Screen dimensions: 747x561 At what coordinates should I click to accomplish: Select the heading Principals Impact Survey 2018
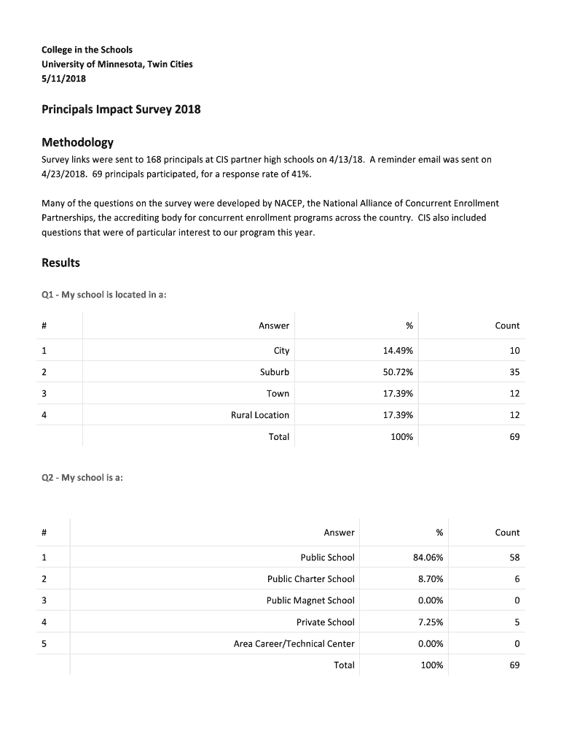120,110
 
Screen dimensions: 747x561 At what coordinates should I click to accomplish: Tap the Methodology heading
76,142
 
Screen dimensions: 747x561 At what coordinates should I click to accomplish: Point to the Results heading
60,263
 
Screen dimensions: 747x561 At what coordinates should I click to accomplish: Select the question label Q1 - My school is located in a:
109,295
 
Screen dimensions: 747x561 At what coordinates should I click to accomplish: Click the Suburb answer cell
274,372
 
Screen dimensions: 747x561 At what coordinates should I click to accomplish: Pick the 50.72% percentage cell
398,372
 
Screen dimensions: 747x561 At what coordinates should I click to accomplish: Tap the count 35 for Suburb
514,372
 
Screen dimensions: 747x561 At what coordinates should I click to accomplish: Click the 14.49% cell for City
398,351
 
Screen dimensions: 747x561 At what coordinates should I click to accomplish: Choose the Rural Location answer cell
259,415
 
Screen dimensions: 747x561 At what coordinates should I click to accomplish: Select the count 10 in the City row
514,351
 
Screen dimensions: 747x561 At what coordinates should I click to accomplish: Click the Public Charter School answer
310,579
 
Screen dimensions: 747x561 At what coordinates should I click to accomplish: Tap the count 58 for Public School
514,558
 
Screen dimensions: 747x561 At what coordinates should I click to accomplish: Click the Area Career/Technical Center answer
294,644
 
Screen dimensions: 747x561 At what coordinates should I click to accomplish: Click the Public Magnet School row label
310,601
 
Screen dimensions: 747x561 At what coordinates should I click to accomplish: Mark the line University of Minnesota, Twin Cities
117,64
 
